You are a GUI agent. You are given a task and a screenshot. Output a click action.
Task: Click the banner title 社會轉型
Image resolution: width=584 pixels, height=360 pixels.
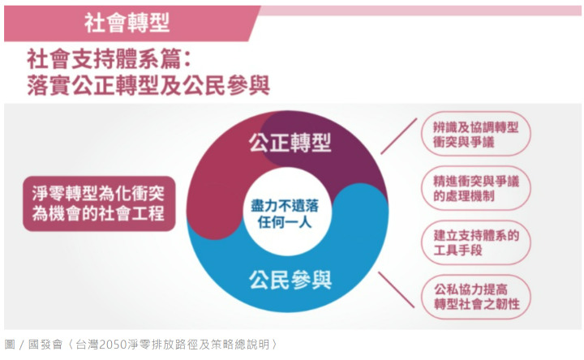point(127,23)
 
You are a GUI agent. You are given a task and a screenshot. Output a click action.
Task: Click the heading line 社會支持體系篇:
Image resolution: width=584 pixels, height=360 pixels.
point(109,59)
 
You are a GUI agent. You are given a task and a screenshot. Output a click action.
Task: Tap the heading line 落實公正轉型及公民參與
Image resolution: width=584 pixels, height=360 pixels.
point(148,85)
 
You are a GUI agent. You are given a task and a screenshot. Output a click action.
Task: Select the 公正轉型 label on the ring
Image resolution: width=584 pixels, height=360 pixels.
point(290,143)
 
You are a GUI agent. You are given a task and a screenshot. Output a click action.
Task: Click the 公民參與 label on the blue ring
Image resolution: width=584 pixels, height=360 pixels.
point(290,280)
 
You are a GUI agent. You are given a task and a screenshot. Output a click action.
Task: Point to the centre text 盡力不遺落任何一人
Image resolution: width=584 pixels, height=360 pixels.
point(285,214)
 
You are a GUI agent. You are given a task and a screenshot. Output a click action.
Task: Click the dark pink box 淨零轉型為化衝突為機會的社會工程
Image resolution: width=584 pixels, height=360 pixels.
point(99,204)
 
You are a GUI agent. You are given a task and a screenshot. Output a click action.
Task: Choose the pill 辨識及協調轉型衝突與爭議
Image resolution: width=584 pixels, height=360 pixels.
point(475,134)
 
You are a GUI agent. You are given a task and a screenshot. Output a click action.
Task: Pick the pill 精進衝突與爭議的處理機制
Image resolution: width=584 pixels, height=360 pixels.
point(475,188)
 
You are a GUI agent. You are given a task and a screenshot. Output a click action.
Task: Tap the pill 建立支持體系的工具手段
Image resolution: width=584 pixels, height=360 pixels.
point(475,242)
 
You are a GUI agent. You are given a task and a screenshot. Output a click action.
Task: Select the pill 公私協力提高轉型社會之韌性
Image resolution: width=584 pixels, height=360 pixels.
point(475,297)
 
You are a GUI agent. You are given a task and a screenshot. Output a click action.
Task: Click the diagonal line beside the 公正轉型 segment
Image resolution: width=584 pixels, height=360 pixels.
point(398,136)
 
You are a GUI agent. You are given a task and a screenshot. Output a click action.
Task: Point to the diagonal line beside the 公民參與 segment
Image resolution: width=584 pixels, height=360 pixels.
point(397,289)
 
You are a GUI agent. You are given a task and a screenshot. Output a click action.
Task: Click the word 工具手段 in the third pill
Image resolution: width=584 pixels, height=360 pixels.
point(457,251)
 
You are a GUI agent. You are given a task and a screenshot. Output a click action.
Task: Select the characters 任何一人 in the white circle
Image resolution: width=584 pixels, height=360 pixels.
point(285,222)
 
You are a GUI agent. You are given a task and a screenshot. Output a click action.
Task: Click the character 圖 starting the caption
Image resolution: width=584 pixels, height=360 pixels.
point(10,345)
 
